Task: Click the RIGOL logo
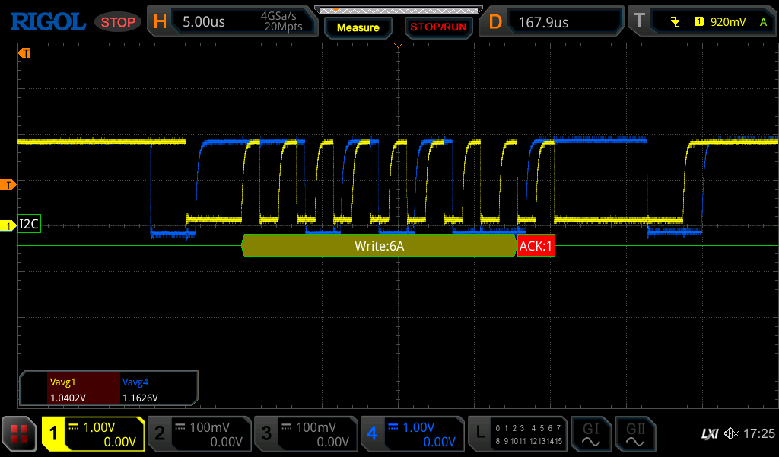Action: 48,22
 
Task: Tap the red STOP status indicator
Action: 118,22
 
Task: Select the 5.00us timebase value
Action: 204,22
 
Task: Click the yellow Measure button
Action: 358,28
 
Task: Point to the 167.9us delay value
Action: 543,22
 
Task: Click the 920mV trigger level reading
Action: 728,22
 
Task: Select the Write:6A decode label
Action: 379,246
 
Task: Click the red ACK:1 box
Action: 536,246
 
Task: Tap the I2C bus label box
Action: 29,224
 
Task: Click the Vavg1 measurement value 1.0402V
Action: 68,398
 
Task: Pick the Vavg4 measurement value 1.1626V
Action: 140,398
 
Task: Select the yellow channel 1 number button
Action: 54,433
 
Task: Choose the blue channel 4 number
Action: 372,433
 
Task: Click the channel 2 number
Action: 160,433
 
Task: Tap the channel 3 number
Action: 266,433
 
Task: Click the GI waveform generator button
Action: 590,433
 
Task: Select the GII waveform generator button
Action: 635,433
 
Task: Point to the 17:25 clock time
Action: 759,433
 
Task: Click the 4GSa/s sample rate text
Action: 278,16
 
